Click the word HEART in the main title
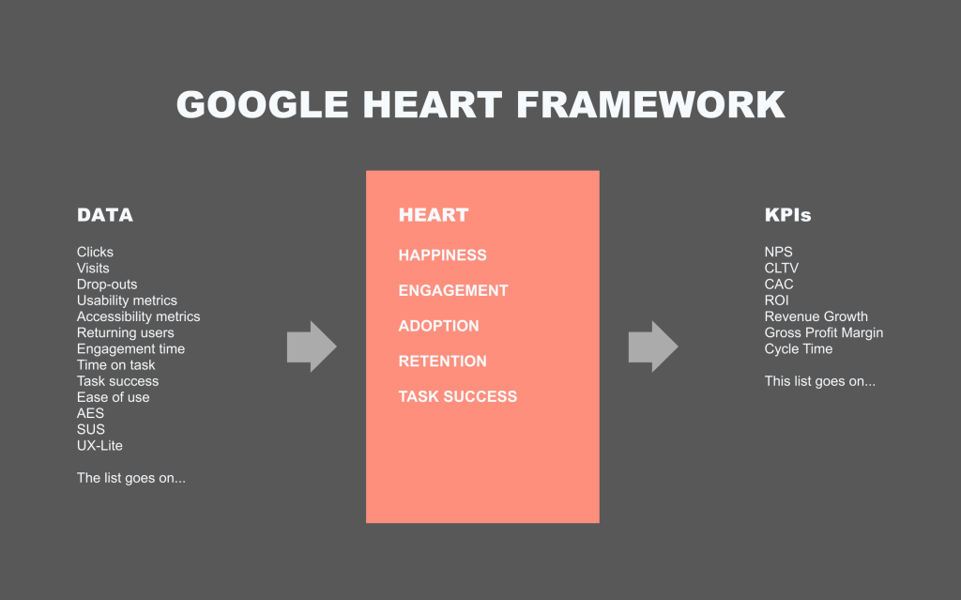click(x=432, y=104)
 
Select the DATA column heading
click(x=105, y=215)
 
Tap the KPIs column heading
click(x=787, y=215)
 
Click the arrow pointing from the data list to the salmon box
click(x=312, y=346)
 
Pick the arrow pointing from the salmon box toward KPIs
click(x=653, y=346)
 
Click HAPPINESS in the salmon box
click(x=443, y=255)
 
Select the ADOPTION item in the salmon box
click(x=439, y=326)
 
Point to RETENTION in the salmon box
click(x=443, y=362)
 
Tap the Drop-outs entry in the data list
click(x=107, y=285)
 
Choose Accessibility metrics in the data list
click(x=139, y=316)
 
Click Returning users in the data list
click(x=125, y=332)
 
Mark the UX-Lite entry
click(x=99, y=445)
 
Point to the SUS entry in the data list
click(x=91, y=429)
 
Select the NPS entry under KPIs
click(x=778, y=252)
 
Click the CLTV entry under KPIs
click(x=782, y=269)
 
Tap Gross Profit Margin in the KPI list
click(x=824, y=332)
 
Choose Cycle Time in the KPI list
click(x=799, y=348)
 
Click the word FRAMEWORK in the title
click(x=650, y=104)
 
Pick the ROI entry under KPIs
click(x=776, y=300)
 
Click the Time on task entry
click(x=115, y=365)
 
